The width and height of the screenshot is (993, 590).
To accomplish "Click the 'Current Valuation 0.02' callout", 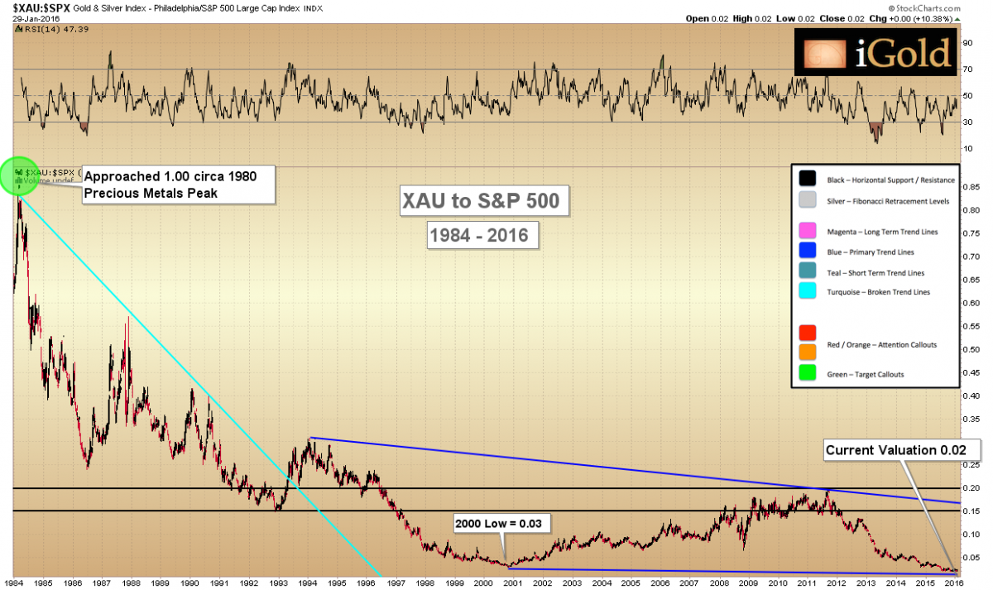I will click(x=902, y=450).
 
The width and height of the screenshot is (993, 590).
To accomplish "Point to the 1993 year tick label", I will click(x=278, y=582).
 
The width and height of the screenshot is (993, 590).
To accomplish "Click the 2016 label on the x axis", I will click(x=954, y=582).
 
